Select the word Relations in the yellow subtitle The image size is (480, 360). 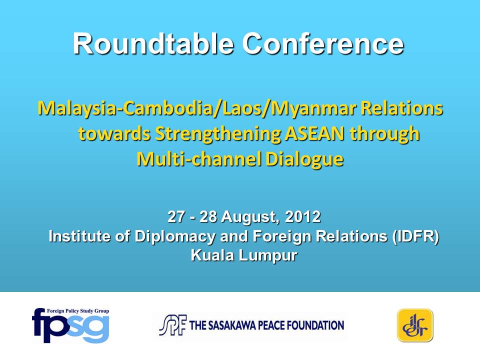[402, 108]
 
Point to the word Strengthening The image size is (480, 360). [218, 134]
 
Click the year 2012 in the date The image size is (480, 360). [303, 216]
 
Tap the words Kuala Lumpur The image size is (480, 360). [244, 255]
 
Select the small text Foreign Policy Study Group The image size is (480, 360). [78, 311]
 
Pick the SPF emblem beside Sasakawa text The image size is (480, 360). [172, 325]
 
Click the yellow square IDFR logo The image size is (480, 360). [415, 325]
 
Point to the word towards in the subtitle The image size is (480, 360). [114, 134]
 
